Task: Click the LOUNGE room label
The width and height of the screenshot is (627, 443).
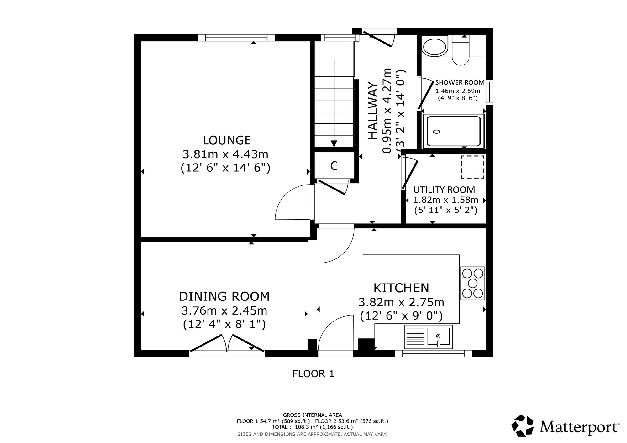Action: coord(227,140)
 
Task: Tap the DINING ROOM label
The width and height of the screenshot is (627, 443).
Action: coord(224,296)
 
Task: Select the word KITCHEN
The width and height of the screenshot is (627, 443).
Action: coord(401,288)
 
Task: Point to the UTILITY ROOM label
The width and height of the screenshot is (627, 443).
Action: coord(444,190)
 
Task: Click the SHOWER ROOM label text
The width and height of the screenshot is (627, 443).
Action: coord(460,83)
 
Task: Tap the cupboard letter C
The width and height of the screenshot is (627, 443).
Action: coord(334,166)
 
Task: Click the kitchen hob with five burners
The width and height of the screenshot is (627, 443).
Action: coord(472,283)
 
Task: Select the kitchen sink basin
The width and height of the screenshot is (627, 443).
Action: coord(438,337)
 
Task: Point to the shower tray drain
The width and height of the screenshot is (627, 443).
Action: coord(437,132)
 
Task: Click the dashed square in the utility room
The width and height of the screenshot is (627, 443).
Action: coord(472,167)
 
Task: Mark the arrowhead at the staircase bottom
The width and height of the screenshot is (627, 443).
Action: coord(334,143)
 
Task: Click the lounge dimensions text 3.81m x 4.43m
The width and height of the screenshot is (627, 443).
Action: coord(225,154)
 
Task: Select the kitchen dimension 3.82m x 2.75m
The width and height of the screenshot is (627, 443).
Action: coord(401,302)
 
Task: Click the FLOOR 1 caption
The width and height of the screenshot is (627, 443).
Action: coord(313,374)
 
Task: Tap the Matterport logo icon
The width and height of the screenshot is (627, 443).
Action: coord(523,426)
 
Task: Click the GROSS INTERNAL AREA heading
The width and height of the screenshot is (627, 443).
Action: coord(313,415)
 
